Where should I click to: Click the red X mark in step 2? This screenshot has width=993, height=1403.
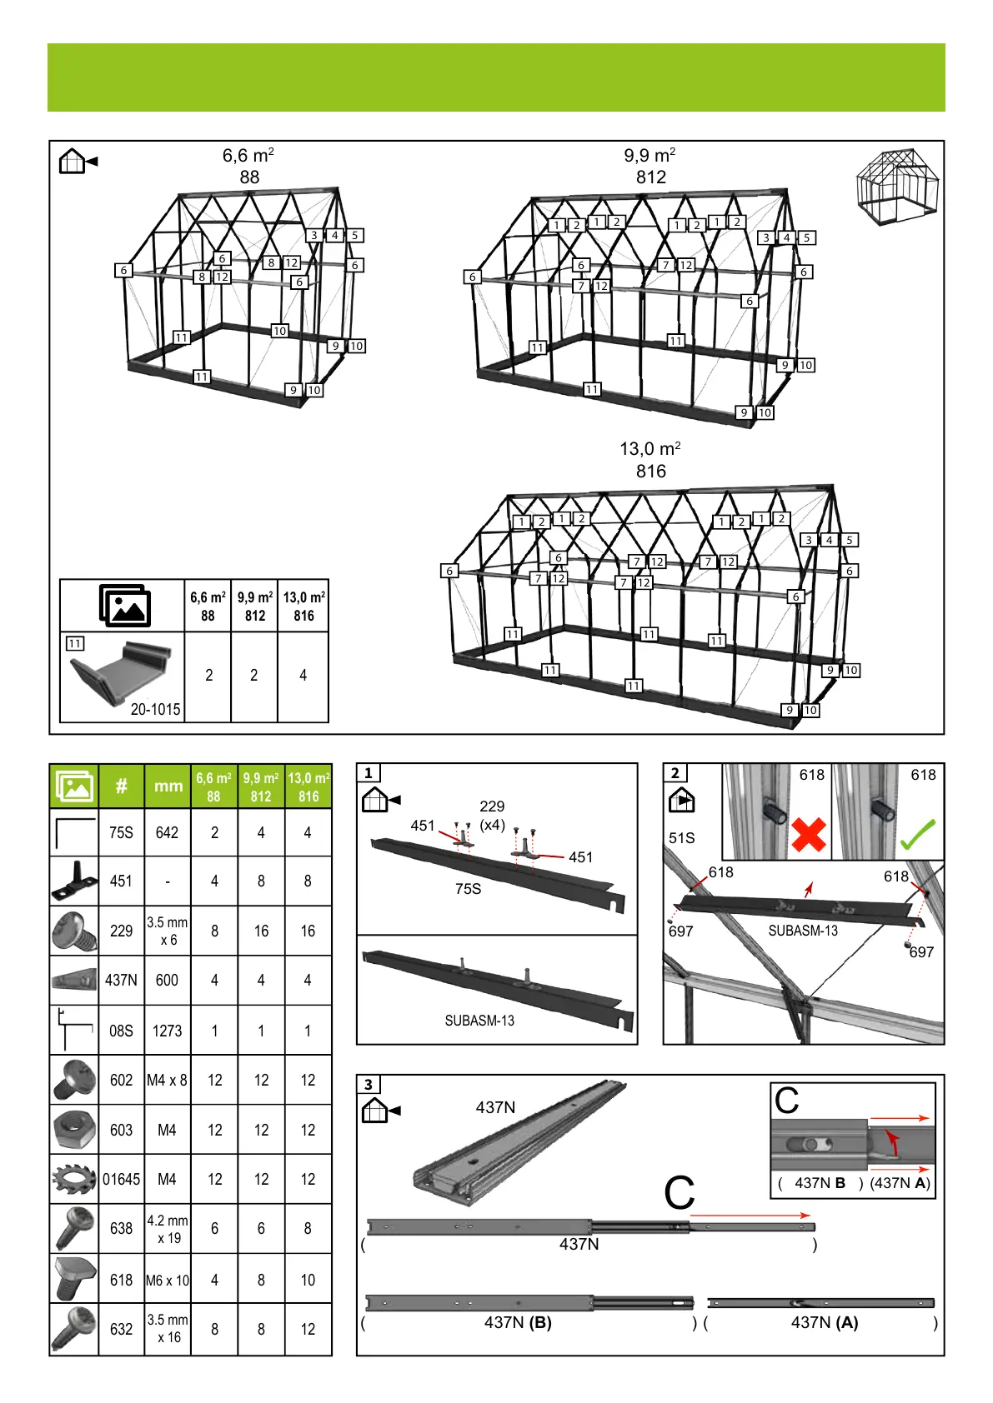coord(808,834)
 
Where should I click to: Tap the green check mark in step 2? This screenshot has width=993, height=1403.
coord(917,834)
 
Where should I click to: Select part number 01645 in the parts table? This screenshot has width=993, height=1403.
coord(121,1179)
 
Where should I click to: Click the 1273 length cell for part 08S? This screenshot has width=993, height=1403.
coord(167,1031)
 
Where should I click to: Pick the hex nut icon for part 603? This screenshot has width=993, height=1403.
coord(74,1130)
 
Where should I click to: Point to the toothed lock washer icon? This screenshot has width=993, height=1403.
coord(74,1179)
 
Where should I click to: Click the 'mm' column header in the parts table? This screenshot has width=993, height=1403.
coord(168,786)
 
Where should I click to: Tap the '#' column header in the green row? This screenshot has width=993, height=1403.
coord(121,786)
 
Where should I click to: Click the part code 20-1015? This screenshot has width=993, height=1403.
coord(155,709)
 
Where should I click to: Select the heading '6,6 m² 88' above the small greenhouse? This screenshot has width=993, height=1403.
coord(248,166)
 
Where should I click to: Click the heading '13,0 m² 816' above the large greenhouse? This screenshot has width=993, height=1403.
coord(650,460)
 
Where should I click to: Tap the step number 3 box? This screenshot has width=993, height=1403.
coord(369,1084)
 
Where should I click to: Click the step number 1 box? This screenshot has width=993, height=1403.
coord(369,773)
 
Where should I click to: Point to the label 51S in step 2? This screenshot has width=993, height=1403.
coord(681,837)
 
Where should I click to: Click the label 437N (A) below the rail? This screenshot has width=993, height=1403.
coord(824,1322)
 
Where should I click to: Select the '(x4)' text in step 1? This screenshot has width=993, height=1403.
coord(492,825)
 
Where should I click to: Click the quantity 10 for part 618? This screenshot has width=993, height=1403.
coord(308,1280)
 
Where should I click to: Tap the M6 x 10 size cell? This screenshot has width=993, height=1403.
coord(168,1280)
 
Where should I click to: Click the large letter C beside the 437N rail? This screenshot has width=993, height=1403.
coord(680,1193)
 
